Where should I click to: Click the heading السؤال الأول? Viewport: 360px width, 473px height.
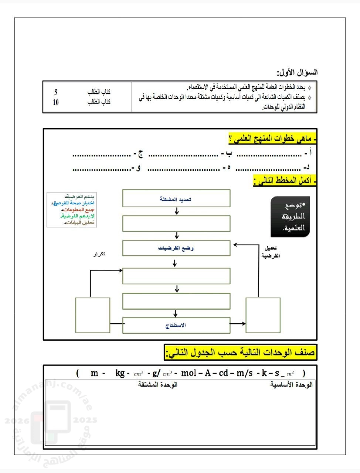click(x=297, y=72)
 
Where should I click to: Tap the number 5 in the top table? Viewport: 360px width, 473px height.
click(x=56, y=92)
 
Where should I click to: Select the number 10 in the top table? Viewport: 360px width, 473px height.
click(x=56, y=102)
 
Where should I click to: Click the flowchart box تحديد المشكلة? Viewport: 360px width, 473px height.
click(x=176, y=198)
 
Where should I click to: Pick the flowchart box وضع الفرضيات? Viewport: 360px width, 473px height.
click(x=176, y=248)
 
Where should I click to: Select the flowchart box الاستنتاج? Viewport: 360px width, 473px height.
click(x=176, y=325)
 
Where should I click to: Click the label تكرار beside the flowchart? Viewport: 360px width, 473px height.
click(x=99, y=254)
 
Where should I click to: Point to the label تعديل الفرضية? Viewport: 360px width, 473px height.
click(x=271, y=252)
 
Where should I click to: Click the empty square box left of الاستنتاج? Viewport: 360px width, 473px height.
click(x=93, y=315)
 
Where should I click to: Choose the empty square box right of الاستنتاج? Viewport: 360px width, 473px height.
click(x=263, y=315)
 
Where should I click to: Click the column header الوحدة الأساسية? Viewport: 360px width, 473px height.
click(x=291, y=385)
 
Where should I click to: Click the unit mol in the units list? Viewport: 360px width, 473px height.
click(x=189, y=373)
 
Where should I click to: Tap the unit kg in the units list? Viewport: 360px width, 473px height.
click(x=120, y=373)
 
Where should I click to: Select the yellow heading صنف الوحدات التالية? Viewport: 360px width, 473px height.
click(x=241, y=353)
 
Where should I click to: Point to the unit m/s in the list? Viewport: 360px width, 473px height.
click(x=245, y=373)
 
